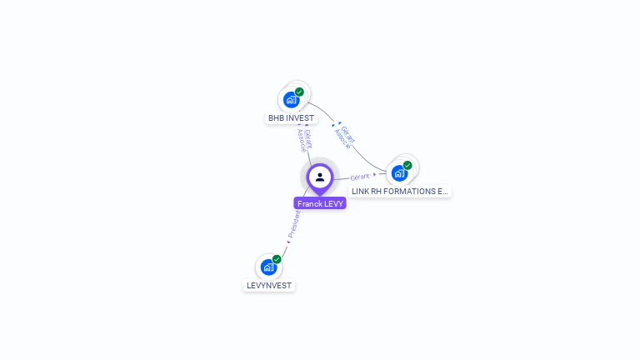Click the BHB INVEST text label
[291, 118]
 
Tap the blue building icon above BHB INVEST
[291, 100]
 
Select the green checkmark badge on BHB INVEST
[300, 92]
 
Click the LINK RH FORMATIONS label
[399, 191]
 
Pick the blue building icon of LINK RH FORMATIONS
[399, 173]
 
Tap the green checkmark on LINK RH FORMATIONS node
[407, 165]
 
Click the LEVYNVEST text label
[269, 285]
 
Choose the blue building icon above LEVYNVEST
[268, 267]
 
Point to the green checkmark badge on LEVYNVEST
[277, 259]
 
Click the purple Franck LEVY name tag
[320, 203]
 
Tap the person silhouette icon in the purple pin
[320, 177]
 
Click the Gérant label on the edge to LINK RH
[361, 177]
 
